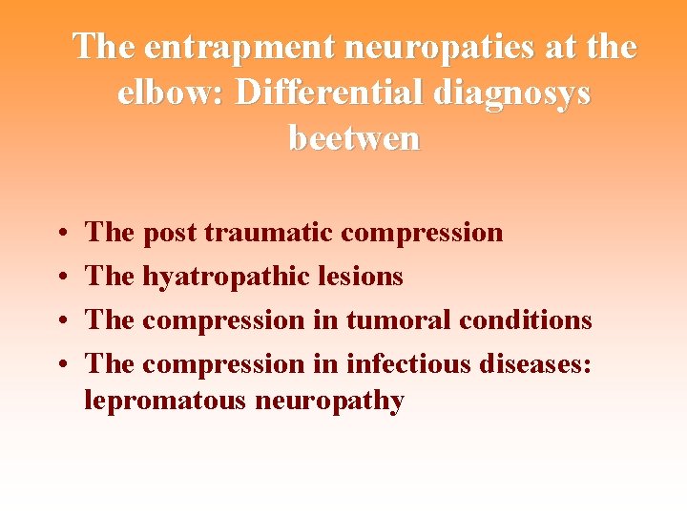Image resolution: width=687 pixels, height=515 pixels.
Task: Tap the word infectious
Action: point(413,364)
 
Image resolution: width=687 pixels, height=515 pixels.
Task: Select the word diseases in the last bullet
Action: point(538,364)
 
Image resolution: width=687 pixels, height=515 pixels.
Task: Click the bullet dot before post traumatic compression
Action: point(60,233)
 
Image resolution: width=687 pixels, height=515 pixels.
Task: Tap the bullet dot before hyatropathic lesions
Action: point(60,278)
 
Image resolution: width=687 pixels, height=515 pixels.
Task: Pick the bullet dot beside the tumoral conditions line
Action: point(60,321)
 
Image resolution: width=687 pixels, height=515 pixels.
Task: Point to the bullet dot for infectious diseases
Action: point(60,365)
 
